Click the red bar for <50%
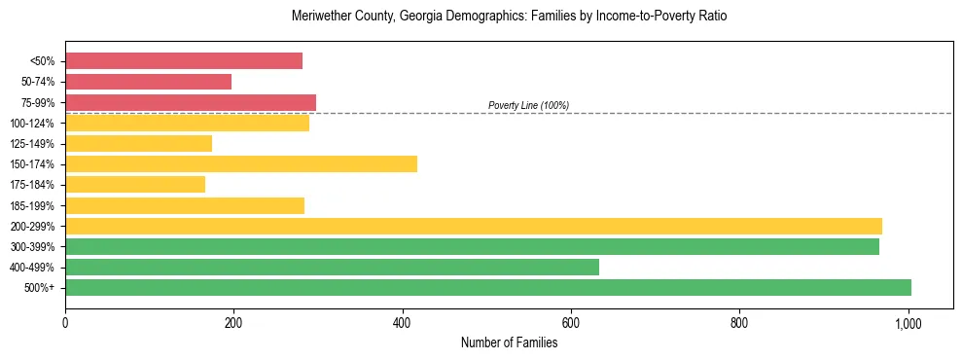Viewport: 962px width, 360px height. click(184, 61)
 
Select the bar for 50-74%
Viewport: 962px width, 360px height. click(148, 82)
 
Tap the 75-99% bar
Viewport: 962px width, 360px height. click(191, 102)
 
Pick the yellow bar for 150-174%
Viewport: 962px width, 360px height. click(241, 163)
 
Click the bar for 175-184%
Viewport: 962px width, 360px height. click(135, 184)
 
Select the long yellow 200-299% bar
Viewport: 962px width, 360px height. click(474, 226)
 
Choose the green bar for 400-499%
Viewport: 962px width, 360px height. click(332, 267)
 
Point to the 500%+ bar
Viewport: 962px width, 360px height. click(488, 287)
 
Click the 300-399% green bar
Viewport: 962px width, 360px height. click(472, 246)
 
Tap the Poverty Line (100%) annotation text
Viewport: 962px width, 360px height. click(528, 105)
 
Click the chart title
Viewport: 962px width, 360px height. click(509, 17)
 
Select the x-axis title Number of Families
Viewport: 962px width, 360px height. click(509, 342)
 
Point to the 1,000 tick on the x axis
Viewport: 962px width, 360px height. click(909, 321)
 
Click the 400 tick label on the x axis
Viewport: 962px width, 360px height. click(403, 321)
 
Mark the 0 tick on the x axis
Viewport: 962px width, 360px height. click(65, 321)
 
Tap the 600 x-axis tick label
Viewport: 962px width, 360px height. click(571, 321)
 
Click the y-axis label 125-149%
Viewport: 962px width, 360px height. click(32, 144)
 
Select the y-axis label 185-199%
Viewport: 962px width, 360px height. click(32, 205)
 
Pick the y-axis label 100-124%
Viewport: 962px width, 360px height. click(32, 124)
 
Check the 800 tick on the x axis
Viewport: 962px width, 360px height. click(739, 321)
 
